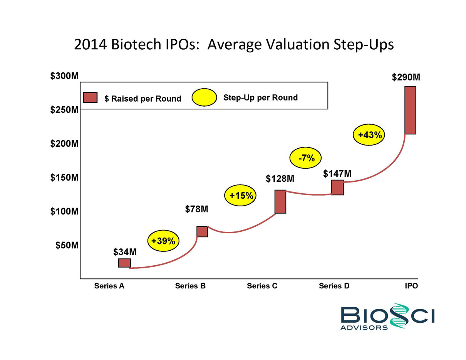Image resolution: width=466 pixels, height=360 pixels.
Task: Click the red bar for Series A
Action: coord(124,263)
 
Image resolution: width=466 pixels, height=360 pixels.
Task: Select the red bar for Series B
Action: coord(202,231)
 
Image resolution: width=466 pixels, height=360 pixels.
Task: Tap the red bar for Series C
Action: coord(280,201)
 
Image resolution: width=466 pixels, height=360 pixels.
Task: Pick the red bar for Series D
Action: coord(337,188)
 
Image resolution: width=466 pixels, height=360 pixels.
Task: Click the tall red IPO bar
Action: coord(410,110)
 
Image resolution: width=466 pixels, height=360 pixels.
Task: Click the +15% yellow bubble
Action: coord(241,196)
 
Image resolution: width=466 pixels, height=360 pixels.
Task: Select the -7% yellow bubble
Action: coord(305,158)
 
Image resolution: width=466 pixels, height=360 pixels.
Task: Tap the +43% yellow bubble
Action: coord(369,135)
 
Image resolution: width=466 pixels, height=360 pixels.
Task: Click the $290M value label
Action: coord(406,77)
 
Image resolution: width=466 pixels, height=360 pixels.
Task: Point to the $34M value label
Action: coord(125,252)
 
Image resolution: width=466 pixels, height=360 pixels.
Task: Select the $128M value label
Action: coord(280,179)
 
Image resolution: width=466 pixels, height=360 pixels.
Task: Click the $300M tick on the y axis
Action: coord(65,76)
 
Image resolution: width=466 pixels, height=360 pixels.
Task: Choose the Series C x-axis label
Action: coord(262,286)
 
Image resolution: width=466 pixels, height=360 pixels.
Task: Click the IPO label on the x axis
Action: coord(411,286)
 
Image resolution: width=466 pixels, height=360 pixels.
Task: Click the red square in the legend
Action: coord(91,98)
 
